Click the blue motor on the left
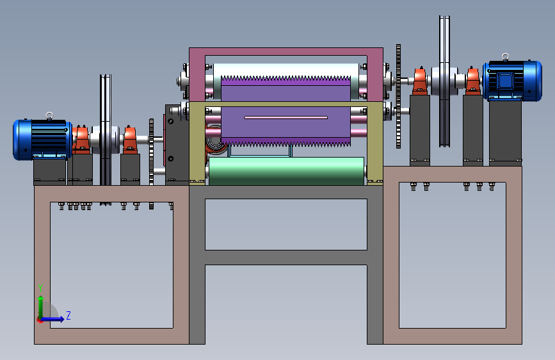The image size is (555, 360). coord(42,140)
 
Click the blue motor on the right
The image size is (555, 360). coord(513,81)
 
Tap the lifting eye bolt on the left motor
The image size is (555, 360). coord(49,116)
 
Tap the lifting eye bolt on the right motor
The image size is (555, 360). coord(505,57)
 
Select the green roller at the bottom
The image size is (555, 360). coord(286,171)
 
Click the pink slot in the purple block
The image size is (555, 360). coord(286,117)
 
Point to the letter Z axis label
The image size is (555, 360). coord(68,315)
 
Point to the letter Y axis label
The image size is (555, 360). coord(40,288)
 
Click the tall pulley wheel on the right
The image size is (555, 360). coord(444,81)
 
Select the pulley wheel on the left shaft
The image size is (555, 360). coord(106,129)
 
